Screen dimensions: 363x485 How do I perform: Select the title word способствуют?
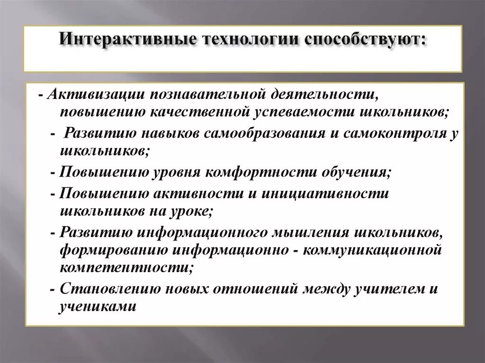365,39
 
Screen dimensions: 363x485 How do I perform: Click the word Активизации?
95,94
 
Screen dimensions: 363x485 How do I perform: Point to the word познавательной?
200,94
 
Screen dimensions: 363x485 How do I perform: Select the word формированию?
114,250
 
